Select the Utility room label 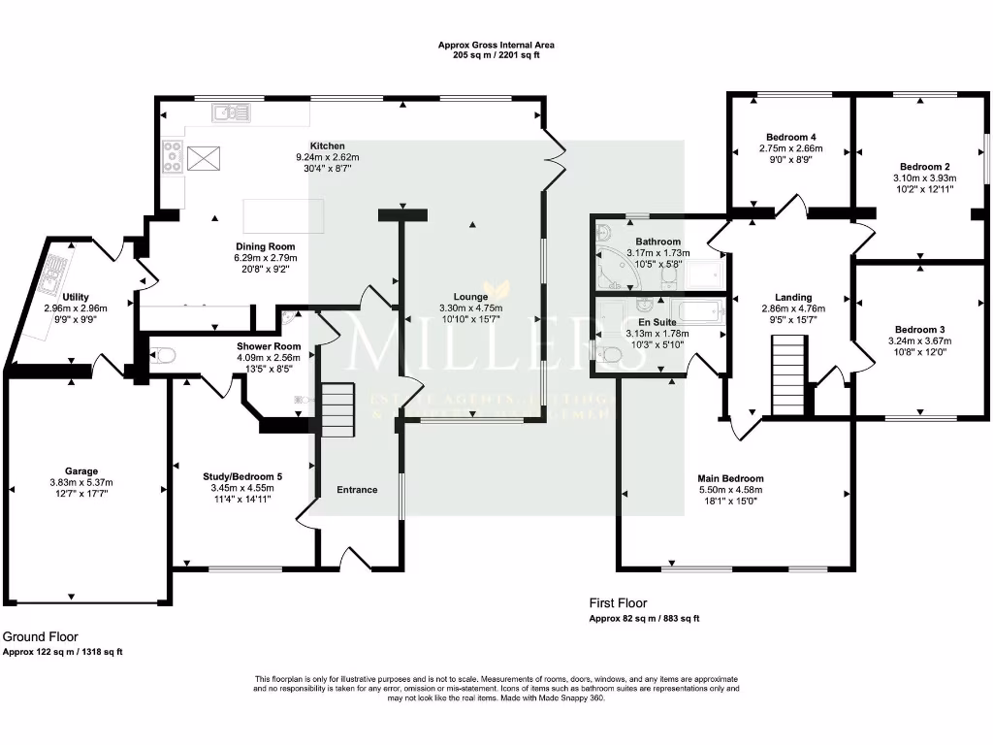click(76, 297)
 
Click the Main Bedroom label click(730, 478)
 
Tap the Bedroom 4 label click(790, 137)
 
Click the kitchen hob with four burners click(174, 156)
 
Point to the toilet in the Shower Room click(162, 356)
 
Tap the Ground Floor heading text click(40, 636)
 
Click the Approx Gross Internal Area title click(496, 45)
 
